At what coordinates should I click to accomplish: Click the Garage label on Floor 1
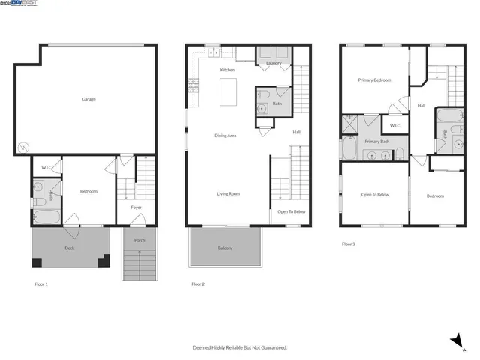pyautogui.click(x=88, y=99)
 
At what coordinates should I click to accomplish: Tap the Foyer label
pyautogui.click(x=136, y=208)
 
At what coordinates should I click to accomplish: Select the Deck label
pyautogui.click(x=69, y=247)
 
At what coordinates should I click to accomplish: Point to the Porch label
pyautogui.click(x=139, y=241)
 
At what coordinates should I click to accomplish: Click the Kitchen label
pyautogui.click(x=227, y=70)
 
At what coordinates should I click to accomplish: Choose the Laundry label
pyautogui.click(x=274, y=64)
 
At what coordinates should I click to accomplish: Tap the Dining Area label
pyautogui.click(x=226, y=136)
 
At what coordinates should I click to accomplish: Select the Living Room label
pyautogui.click(x=229, y=194)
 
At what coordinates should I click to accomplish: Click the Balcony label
pyautogui.click(x=225, y=248)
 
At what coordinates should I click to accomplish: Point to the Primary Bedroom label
pyautogui.click(x=374, y=79)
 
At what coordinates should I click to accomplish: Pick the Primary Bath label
pyautogui.click(x=377, y=141)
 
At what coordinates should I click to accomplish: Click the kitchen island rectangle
pyautogui.click(x=228, y=92)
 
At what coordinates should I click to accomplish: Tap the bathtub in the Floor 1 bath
pyautogui.click(x=46, y=217)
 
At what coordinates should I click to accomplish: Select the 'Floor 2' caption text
pyautogui.click(x=198, y=284)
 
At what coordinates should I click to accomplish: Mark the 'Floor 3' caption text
pyautogui.click(x=349, y=244)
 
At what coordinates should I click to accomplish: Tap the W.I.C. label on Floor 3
pyautogui.click(x=395, y=125)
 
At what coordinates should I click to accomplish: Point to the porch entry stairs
pyautogui.click(x=139, y=266)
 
